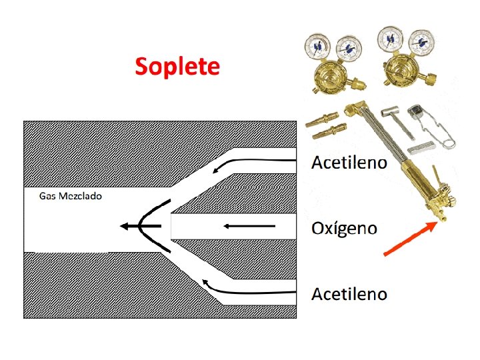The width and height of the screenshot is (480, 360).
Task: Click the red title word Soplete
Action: [177, 67]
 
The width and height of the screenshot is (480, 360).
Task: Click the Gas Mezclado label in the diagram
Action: [70, 196]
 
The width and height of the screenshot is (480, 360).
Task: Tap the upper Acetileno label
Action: [349, 163]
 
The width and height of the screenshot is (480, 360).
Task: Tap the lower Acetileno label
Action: [349, 293]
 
